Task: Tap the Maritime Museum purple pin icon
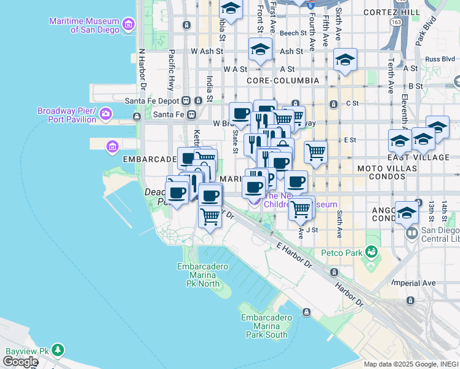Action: click(x=129, y=25)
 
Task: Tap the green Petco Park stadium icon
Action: click(x=371, y=252)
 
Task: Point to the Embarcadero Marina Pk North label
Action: click(x=202, y=275)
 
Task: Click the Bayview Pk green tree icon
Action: click(x=58, y=350)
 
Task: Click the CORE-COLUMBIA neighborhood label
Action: click(x=282, y=81)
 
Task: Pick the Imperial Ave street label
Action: click(x=414, y=284)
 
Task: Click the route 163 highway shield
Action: click(x=396, y=22)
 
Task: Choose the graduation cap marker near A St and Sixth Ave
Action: click(x=345, y=60)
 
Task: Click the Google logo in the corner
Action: click(x=20, y=362)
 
